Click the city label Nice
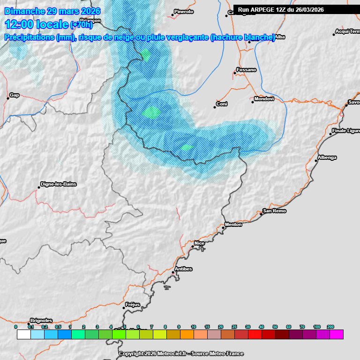click(199, 243)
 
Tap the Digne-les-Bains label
click(59, 184)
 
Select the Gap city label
click(15, 95)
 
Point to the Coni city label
click(221, 104)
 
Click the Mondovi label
click(263, 99)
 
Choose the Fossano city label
click(247, 70)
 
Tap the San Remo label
click(274, 211)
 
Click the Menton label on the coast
click(233, 225)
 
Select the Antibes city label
click(183, 269)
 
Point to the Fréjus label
click(133, 305)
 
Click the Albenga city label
click(327, 157)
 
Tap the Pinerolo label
click(183, 12)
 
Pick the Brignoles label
click(41, 320)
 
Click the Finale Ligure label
click(345, 131)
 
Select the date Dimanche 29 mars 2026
click(52, 11)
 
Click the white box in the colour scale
click(23, 334)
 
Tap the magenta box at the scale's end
click(337, 334)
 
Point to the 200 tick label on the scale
click(330, 326)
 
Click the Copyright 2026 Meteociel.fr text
click(181, 353)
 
